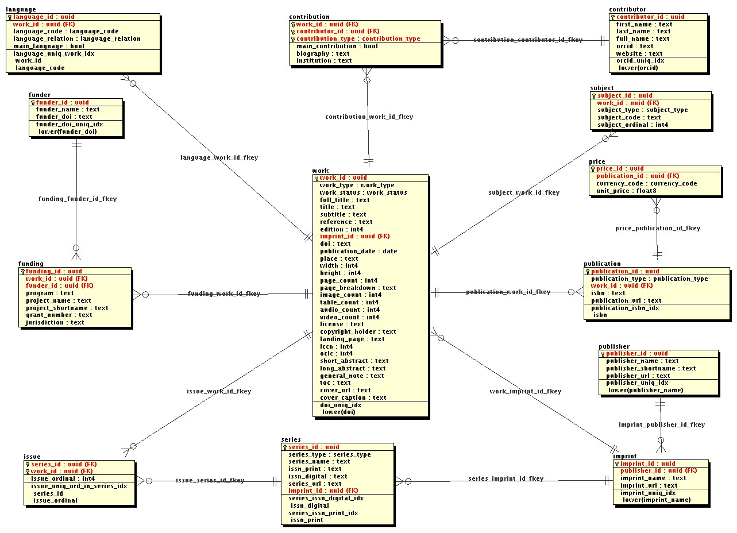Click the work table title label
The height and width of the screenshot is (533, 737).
pos(320,171)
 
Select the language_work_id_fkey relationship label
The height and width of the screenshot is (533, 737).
pos(211,157)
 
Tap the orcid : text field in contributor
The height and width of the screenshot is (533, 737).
pos(635,46)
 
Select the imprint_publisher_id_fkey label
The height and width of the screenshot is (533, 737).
pos(661,424)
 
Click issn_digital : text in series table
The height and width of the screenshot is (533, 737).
pos(317,476)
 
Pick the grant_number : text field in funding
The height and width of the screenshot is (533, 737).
pos(59,315)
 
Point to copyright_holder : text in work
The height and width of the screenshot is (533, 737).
pos(357,331)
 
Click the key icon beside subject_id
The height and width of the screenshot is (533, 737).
pos(594,96)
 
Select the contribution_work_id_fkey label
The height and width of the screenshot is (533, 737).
pos(369,117)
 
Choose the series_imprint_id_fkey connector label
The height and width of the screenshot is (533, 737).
pos(505,478)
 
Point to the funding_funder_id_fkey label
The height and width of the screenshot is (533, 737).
pos(77,199)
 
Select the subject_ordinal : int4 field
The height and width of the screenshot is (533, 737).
pos(632,125)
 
